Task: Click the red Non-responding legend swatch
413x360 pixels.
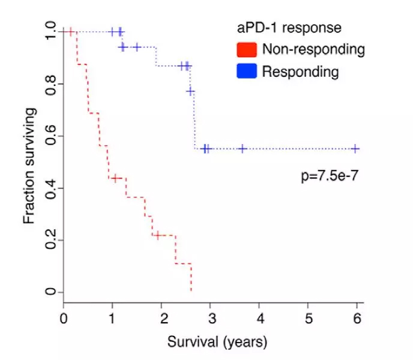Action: click(247, 49)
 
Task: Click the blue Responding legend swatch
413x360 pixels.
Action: click(247, 71)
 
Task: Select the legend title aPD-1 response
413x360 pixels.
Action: click(288, 28)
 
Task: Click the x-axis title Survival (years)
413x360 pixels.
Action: click(213, 342)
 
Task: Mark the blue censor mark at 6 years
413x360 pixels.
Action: click(355, 148)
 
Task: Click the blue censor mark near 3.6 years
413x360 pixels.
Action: click(243, 148)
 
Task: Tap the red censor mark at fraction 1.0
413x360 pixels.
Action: click(71, 32)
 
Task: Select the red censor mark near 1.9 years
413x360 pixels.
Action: click(157, 235)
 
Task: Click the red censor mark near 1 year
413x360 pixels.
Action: click(115, 178)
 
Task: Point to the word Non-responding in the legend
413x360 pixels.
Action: click(313, 49)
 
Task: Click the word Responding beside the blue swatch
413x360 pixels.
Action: click(301, 72)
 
